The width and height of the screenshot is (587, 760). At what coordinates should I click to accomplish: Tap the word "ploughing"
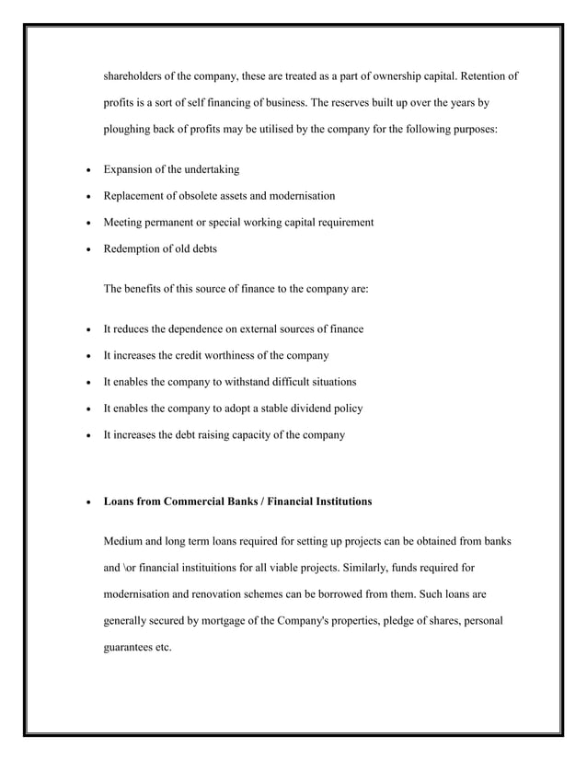(130, 130)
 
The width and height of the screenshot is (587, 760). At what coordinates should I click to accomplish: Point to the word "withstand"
(254, 382)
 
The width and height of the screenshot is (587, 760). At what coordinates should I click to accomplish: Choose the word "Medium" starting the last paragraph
(125, 542)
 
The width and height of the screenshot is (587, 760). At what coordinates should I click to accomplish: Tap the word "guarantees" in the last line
(130, 648)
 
